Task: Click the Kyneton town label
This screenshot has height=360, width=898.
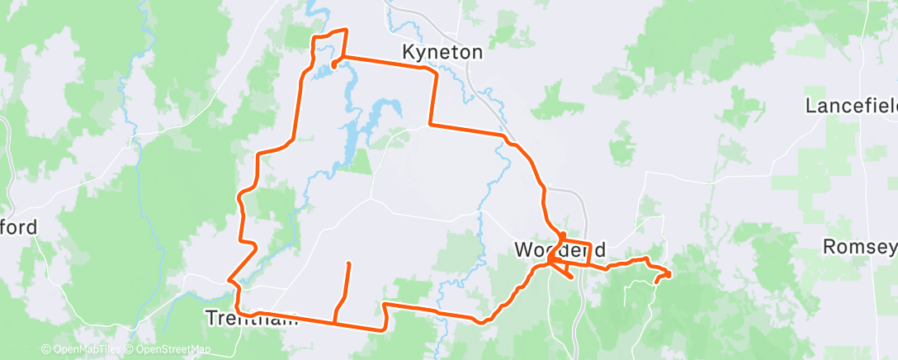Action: pos(442,52)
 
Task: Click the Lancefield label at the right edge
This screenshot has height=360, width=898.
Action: pos(851,106)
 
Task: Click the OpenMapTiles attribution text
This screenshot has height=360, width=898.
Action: pos(81,349)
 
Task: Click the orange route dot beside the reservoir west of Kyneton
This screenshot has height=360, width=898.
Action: pos(333,64)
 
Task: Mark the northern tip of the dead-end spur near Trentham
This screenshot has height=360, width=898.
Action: pos(348,263)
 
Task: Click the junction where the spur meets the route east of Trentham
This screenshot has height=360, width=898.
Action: pos(333,321)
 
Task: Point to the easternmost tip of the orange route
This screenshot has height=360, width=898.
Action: pos(669,273)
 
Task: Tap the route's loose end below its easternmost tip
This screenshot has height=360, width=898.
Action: pos(656,282)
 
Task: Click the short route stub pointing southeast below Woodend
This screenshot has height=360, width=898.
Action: pos(570,277)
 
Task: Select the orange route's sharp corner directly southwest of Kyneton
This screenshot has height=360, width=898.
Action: pos(429,126)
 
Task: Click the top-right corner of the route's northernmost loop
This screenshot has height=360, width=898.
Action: pos(346,30)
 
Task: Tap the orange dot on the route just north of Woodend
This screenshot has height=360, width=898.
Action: pos(561,234)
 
